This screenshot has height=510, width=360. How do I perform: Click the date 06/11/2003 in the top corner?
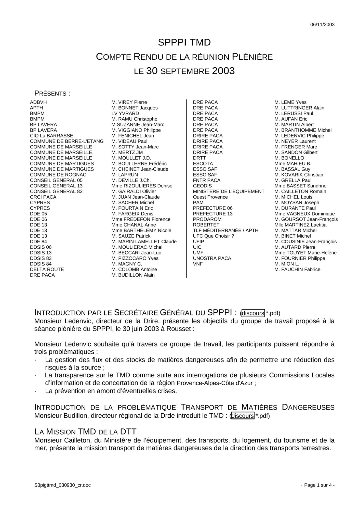point(322,25)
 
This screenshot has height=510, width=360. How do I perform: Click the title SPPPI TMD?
point(184,42)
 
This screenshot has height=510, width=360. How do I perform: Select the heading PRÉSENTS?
point(52,93)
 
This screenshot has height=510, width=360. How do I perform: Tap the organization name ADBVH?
point(38,102)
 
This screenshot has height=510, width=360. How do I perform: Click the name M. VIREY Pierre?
point(129,102)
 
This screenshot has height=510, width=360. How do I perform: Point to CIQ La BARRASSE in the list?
point(51,136)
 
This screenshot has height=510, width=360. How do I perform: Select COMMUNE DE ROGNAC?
point(58,175)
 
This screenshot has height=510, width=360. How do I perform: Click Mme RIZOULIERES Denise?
point(142,186)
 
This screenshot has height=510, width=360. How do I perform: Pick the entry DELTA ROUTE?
point(47,269)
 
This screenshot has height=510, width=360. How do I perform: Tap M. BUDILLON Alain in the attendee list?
point(133,275)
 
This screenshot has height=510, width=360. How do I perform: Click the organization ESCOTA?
point(203,163)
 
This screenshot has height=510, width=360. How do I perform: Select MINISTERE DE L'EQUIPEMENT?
point(229,191)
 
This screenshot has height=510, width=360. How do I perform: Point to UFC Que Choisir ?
point(213,236)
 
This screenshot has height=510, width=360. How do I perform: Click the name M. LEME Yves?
point(290,102)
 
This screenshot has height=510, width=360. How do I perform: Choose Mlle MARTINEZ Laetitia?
point(300,225)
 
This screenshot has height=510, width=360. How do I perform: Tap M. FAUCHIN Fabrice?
point(297,269)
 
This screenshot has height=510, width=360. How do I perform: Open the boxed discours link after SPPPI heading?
point(253,313)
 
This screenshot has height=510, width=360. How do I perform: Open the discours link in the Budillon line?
point(243,416)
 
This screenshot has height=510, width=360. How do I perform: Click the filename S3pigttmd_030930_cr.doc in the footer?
point(62,485)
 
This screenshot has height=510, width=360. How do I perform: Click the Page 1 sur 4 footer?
point(317,485)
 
